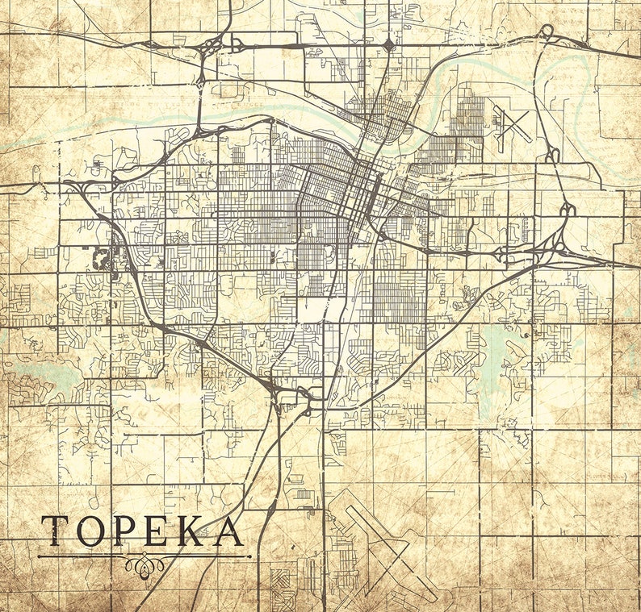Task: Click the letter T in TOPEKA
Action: (55, 531)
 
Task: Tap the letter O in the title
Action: (90, 531)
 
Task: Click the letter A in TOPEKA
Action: (228, 531)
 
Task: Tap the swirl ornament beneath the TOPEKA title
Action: (145, 564)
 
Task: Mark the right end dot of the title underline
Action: (249, 556)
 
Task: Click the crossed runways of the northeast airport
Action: (513, 127)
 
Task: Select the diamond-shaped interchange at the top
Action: (389, 45)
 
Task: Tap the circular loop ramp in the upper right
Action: (547, 31)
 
